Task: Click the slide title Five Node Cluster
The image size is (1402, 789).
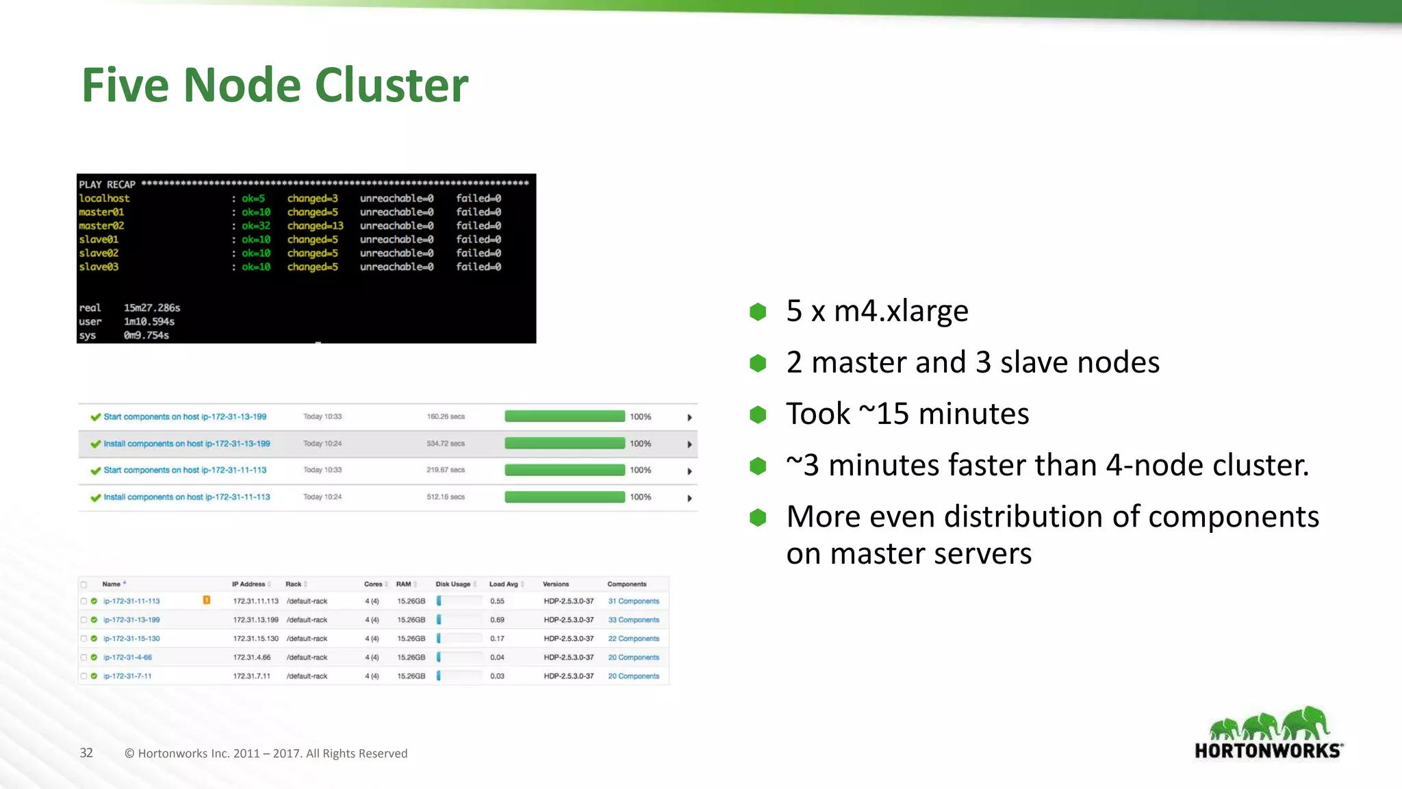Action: (275, 86)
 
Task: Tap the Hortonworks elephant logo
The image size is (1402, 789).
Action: (1269, 733)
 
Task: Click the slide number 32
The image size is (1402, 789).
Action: (86, 753)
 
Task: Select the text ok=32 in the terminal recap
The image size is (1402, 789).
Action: (256, 226)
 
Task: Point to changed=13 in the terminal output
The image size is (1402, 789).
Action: (315, 226)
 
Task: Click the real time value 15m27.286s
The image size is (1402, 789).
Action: (152, 308)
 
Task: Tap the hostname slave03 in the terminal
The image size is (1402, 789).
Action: (99, 267)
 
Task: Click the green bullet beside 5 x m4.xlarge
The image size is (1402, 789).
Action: (758, 312)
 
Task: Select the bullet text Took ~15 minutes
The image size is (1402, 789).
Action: (907, 414)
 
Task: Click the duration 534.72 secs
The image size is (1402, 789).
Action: (446, 444)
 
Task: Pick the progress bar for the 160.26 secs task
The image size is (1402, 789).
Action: (565, 416)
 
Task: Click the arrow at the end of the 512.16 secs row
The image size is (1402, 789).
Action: (689, 498)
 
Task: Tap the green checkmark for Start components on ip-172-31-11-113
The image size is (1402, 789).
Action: (96, 471)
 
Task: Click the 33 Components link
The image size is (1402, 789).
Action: (633, 620)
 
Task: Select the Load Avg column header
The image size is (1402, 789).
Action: (503, 584)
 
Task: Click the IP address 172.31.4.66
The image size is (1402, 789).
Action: (252, 657)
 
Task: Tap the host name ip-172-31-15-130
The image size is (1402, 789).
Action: (131, 638)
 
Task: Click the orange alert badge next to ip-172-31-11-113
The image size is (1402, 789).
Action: (206, 601)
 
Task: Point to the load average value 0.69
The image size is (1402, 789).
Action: (497, 620)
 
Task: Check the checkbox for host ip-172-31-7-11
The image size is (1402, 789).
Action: (84, 676)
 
